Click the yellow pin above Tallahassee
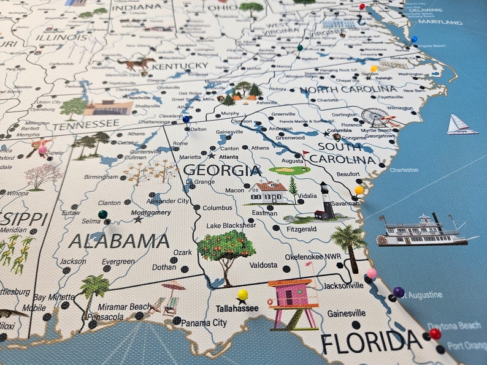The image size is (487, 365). pos(242,295)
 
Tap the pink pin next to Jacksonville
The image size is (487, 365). pos(371,273)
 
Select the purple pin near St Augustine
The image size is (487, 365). pos(399,292)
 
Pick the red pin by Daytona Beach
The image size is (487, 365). pos(435,333)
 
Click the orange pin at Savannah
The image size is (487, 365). pos(359,190)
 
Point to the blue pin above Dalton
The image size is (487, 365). pos(186,119)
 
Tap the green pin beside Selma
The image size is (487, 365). pos(102,214)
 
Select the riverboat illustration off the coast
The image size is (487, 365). pos(423,231)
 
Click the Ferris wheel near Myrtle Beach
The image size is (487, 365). pos(375,117)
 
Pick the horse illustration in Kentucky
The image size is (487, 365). pos(137,63)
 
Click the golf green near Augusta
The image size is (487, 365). pos(289,169)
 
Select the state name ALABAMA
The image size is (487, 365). pos(119,241)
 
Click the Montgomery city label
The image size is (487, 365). pos(151,213)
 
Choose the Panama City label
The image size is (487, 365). pos(204,323)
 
